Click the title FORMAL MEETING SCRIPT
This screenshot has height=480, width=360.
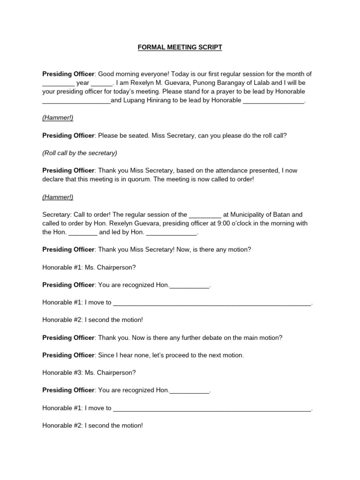[x=180, y=47]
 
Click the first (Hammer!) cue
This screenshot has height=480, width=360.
[x=58, y=118]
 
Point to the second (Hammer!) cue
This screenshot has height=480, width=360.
[x=58, y=197]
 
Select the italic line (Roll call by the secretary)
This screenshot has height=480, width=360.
[x=80, y=153]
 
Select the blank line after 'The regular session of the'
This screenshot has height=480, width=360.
[x=205, y=215]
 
